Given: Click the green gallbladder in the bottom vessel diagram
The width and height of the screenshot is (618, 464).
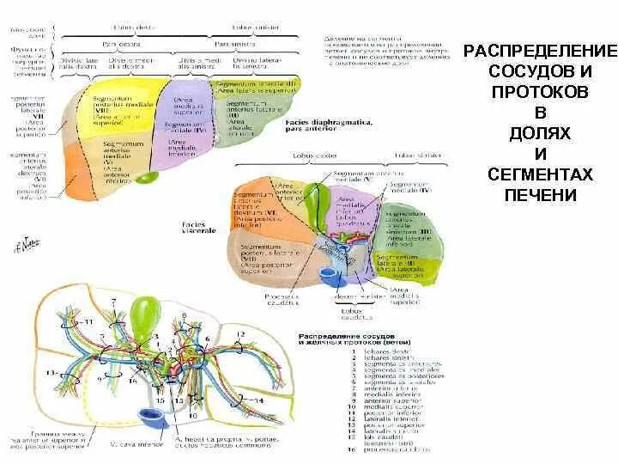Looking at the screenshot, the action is pos(142,316).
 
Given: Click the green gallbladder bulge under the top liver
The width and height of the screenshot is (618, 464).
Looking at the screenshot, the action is pos(148,178).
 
